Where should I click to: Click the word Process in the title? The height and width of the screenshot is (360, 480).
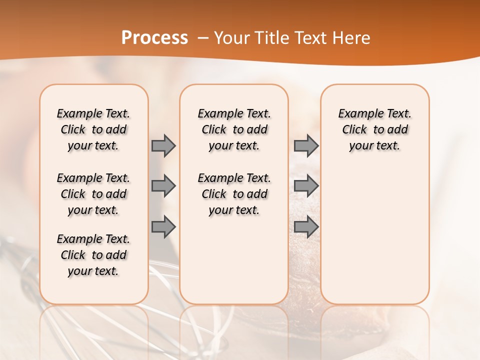[x=154, y=38]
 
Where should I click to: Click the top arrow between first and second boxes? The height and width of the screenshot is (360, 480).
[x=163, y=145]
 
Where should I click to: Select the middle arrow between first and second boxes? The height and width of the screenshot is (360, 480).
[x=163, y=186]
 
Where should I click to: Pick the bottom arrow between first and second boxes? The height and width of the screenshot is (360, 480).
[x=163, y=227]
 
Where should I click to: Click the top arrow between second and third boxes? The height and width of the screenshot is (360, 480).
[x=306, y=145]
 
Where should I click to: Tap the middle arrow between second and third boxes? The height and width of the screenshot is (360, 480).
[x=306, y=186]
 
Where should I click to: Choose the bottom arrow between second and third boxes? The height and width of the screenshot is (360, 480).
[x=306, y=227]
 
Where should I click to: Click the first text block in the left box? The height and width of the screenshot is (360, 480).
[x=93, y=129]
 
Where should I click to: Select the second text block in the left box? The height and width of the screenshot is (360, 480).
[x=93, y=194]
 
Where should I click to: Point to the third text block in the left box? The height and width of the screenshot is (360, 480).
[x=93, y=255]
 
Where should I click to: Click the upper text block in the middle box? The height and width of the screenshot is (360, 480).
[x=234, y=129]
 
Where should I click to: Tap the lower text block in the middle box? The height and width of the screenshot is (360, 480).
[x=234, y=194]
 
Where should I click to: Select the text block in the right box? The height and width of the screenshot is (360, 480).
[x=374, y=129]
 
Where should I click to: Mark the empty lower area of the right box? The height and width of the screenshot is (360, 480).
[x=374, y=235]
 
